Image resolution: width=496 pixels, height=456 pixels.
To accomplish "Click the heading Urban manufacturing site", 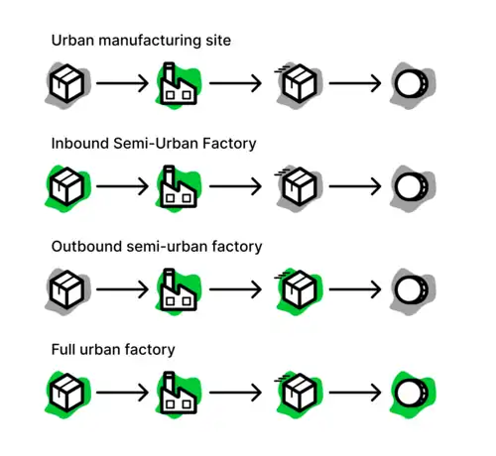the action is click(x=141, y=41).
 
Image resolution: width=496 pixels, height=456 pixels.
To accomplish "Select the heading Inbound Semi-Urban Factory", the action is click(x=154, y=144).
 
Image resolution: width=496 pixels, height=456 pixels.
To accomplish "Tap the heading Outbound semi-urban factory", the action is click(x=157, y=247).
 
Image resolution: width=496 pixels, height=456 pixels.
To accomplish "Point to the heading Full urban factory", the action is click(x=113, y=350).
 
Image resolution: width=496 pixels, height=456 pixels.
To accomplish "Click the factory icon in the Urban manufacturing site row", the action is click(x=178, y=84).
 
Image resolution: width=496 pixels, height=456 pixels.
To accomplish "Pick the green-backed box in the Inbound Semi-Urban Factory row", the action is click(x=66, y=186).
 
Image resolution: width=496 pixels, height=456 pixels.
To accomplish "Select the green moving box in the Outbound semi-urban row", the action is click(x=299, y=289).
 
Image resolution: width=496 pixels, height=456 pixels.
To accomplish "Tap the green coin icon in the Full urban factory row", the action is click(x=412, y=393).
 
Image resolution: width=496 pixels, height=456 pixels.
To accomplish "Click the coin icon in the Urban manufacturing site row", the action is click(x=412, y=83).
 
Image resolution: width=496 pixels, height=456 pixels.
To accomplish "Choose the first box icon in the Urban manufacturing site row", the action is click(x=66, y=83).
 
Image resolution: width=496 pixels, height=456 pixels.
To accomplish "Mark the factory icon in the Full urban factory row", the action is click(x=178, y=394).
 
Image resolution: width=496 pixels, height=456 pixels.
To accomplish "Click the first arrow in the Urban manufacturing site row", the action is click(x=122, y=83).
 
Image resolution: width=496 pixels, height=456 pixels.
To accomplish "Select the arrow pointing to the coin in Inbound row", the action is click(x=355, y=186).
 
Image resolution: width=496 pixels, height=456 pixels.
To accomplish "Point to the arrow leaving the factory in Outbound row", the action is click(x=235, y=289).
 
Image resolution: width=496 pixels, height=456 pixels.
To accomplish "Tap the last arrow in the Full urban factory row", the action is click(x=355, y=393).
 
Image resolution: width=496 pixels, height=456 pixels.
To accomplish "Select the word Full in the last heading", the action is click(x=63, y=350).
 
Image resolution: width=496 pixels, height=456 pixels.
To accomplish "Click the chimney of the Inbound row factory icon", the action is click(x=169, y=175).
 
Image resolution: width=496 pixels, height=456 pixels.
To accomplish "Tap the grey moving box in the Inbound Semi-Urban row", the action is click(x=299, y=186).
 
